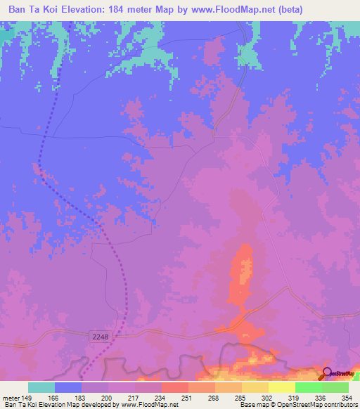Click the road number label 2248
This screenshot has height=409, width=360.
click(100, 337)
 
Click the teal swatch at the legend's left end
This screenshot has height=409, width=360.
click(41, 387)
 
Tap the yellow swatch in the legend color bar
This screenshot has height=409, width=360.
click(281, 387)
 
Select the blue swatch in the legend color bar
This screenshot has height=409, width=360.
click(68, 387)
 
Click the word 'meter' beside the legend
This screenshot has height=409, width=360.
click(11, 397)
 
